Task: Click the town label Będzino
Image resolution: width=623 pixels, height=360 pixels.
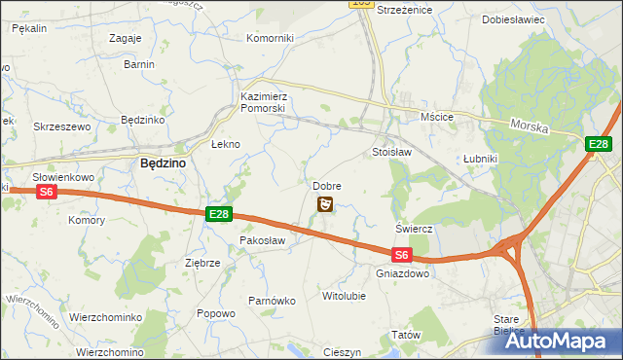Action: click(164, 164)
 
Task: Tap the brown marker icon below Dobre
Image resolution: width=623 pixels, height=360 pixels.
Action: click(326, 203)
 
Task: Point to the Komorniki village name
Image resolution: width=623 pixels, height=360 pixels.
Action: click(270, 38)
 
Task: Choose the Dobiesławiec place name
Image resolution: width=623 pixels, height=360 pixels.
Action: click(513, 19)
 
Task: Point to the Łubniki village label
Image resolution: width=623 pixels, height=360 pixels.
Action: click(480, 159)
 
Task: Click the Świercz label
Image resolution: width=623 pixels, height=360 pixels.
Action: click(414, 229)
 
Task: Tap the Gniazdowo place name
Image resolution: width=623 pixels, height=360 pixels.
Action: click(401, 274)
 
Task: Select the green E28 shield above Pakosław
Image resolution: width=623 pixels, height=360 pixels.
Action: click(219, 214)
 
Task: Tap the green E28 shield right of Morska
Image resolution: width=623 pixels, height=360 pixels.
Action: click(599, 145)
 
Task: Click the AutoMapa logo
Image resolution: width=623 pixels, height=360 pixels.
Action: click(562, 341)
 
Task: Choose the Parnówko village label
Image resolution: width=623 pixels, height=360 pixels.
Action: click(271, 301)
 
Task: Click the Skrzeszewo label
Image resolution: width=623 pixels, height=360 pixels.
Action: click(61, 126)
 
